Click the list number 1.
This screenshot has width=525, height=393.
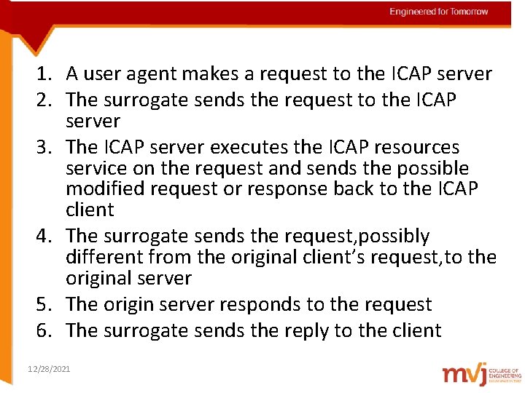(47, 74)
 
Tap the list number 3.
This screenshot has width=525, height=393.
(47, 147)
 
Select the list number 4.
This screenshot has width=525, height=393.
(47, 237)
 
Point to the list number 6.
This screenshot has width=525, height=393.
(47, 331)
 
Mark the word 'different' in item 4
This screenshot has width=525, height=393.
(103, 257)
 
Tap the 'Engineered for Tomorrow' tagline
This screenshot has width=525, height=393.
(439, 12)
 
